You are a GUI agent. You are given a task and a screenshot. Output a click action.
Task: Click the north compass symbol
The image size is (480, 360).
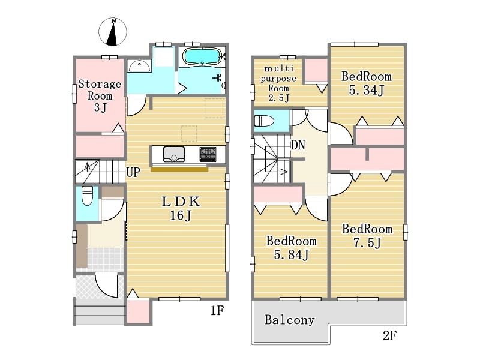point(113,32)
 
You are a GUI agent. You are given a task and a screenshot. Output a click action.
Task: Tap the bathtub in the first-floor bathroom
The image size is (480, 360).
point(202,56)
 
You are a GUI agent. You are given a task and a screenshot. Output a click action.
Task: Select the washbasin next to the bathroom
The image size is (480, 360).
point(139,65)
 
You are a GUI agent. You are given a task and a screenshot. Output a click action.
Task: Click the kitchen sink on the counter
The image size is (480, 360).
point(174,154)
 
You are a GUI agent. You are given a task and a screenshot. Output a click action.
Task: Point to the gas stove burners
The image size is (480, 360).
point(208,154)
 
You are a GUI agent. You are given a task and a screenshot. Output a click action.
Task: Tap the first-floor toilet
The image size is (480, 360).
point(87,196)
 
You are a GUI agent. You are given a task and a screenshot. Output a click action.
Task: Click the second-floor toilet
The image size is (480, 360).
point(264,121)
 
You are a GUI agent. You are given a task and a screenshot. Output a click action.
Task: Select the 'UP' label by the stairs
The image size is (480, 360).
point(133,172)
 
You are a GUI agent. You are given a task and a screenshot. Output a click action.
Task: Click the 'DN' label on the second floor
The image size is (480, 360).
point(298,145)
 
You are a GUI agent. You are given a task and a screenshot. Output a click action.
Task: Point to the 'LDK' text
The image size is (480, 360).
point(181,202)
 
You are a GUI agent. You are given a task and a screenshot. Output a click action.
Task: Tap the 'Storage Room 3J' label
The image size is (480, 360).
point(100,95)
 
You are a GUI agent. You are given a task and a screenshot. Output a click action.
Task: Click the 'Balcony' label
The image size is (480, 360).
point(290,320)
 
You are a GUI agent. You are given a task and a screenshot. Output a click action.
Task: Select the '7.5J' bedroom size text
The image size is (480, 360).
point(367,243)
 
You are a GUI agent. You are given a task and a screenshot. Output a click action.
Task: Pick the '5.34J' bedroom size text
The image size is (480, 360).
point(367,90)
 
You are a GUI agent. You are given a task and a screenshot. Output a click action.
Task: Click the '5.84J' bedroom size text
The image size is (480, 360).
point(291,254)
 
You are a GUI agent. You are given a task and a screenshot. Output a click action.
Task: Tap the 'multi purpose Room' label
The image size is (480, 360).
point(278,78)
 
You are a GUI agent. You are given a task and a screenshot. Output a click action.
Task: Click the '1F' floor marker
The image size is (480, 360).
point(217,311)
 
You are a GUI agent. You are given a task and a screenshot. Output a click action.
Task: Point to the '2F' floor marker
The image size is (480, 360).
point(389,336)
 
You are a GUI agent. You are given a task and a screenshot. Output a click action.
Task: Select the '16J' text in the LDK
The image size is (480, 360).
point(181,215)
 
